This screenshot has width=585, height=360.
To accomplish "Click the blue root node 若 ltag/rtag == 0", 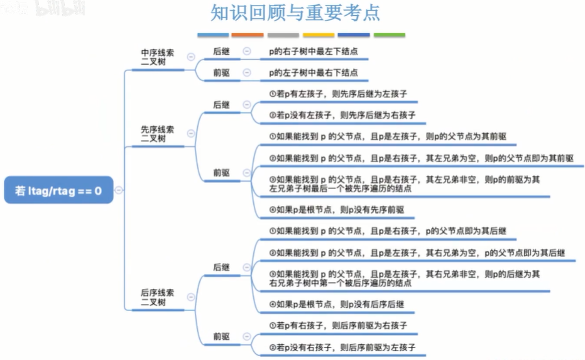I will [x=58, y=190].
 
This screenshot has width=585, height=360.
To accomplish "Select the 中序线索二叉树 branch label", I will [x=158, y=57].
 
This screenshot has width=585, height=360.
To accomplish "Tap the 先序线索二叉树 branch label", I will [x=158, y=134].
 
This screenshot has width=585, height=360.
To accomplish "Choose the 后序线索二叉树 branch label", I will [x=158, y=297].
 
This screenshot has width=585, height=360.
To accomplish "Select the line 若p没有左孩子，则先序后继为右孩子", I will [x=342, y=116].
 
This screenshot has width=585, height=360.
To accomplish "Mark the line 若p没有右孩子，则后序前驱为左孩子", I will [x=342, y=347].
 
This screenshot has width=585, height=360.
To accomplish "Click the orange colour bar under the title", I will [x=248, y=35].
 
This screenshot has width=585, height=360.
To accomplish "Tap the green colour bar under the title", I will [x=389, y=35].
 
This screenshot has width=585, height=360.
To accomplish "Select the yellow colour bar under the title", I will [x=319, y=35].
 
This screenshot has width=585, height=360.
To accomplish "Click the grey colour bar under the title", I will [x=283, y=35].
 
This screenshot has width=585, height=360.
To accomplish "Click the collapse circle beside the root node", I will [x=118, y=190].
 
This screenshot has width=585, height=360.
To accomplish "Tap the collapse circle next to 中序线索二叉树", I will [x=191, y=57].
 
